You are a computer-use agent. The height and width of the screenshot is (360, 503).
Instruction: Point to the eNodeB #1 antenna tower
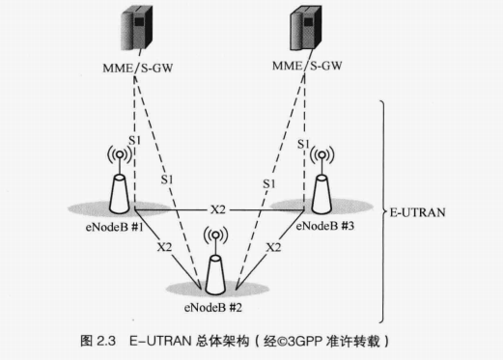[120, 190]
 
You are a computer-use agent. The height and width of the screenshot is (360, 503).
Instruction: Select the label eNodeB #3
[325, 225]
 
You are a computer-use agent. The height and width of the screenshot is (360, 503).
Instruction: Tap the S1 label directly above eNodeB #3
[303, 144]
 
